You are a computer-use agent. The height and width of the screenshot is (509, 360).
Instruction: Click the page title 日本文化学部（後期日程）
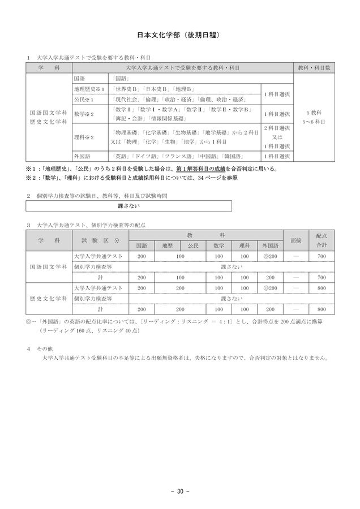(179, 35)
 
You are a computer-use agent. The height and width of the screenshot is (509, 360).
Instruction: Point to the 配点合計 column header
(322, 240)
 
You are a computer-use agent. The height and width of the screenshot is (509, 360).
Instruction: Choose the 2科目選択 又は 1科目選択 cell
(274, 137)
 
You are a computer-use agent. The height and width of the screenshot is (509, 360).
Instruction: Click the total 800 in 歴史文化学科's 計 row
(322, 309)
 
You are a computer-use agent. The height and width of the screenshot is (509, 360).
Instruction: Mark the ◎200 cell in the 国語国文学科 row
(269, 256)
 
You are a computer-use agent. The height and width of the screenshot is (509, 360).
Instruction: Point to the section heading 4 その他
(38, 348)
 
